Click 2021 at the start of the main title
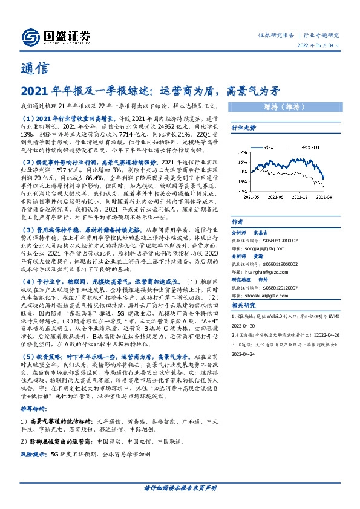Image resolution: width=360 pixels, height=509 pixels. [x=31, y=91]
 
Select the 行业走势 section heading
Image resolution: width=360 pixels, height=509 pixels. [x=244, y=128]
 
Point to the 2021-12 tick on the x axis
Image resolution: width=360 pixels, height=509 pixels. [x=302, y=196]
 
